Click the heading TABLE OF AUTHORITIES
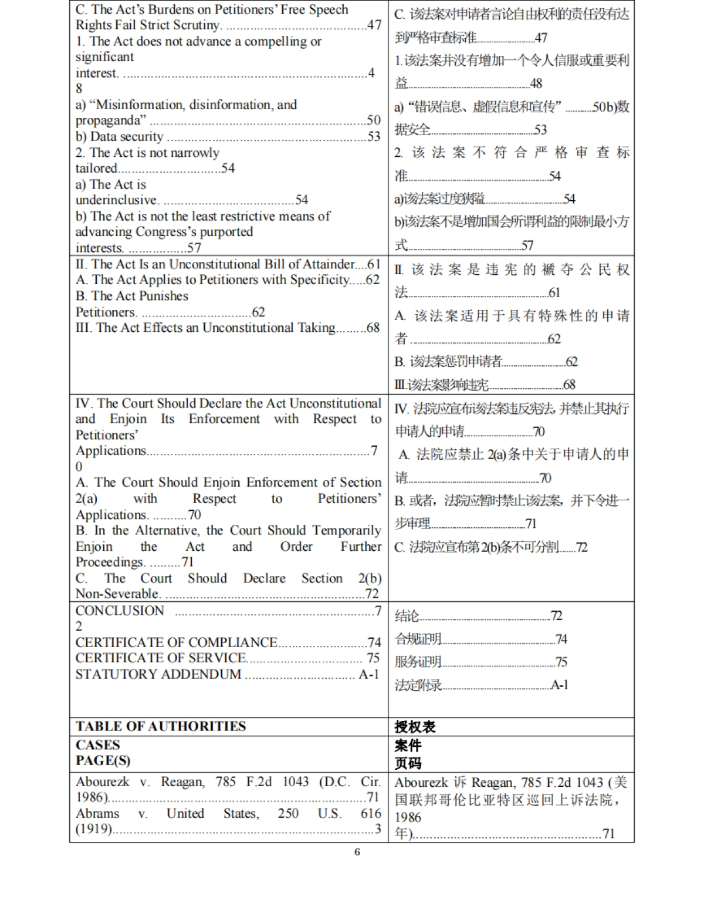coord(160,726)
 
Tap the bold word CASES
coord(97,745)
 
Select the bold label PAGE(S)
coord(103,760)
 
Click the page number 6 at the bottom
coord(357,851)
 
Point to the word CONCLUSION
coord(120,611)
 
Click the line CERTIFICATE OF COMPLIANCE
coord(176,642)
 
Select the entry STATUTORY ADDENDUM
coord(158,674)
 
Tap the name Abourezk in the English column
coord(102,782)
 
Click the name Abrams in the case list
coord(97,814)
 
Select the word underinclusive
coord(117,200)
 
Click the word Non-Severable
coord(117,594)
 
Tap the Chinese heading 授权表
coord(415,727)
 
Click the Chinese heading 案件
coord(408,746)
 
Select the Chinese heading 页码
coord(408,763)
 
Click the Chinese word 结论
coord(407,616)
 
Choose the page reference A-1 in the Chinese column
coord(559,685)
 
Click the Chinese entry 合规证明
coord(418,639)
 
